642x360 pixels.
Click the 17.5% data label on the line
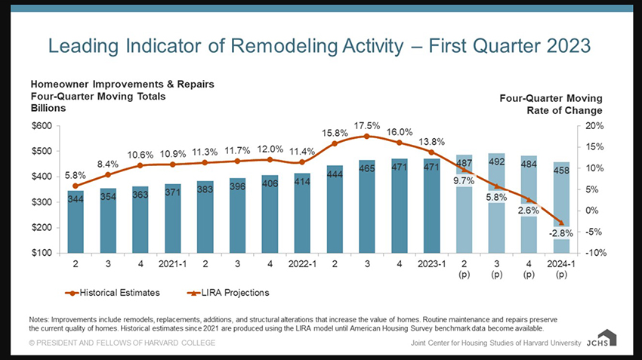367,125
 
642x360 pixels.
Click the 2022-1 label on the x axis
302,266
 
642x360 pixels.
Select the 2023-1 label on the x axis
431,266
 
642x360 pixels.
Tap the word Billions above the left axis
48,108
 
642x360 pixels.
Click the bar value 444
335,174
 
